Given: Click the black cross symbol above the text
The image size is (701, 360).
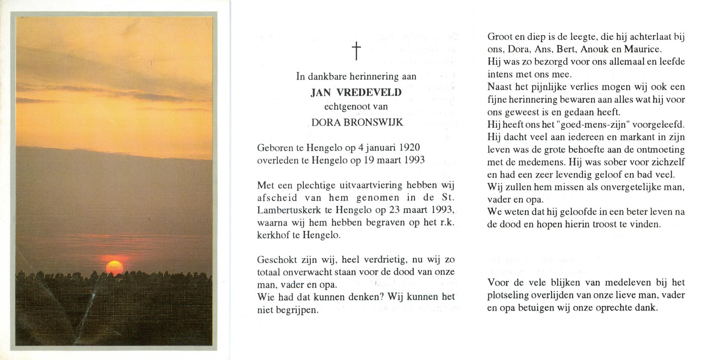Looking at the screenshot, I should [x=356, y=51].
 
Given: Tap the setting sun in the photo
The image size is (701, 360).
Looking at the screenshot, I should [x=115, y=267].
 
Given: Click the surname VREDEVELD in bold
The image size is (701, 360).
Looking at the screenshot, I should [x=369, y=92].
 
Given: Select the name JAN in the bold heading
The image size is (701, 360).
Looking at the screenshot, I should [x=320, y=92].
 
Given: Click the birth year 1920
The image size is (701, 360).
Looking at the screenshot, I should [x=409, y=147].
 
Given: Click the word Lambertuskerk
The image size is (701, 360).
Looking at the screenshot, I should [x=289, y=210].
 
